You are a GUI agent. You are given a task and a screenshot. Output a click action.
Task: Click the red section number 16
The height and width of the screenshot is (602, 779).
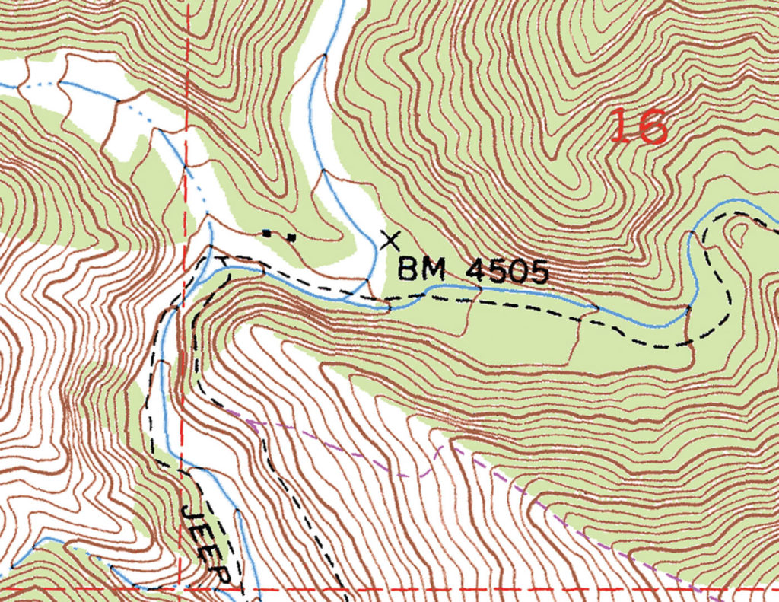pyautogui.click(x=639, y=126)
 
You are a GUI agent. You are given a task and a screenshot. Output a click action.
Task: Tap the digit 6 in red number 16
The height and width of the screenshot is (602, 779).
pyautogui.click(x=651, y=127)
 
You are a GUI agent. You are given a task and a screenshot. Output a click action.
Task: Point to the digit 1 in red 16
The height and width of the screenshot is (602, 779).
pyautogui.click(x=620, y=126)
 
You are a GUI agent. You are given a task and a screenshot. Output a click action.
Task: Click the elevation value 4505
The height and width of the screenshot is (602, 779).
pyautogui.click(x=509, y=272)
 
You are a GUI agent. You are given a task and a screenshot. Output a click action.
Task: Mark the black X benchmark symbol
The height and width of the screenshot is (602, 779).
pyautogui.click(x=390, y=240)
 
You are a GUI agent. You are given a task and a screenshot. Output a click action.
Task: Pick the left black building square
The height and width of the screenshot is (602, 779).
pyautogui.click(x=266, y=232)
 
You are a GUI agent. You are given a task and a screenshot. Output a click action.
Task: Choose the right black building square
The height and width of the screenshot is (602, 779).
pyautogui.click(x=291, y=237)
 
